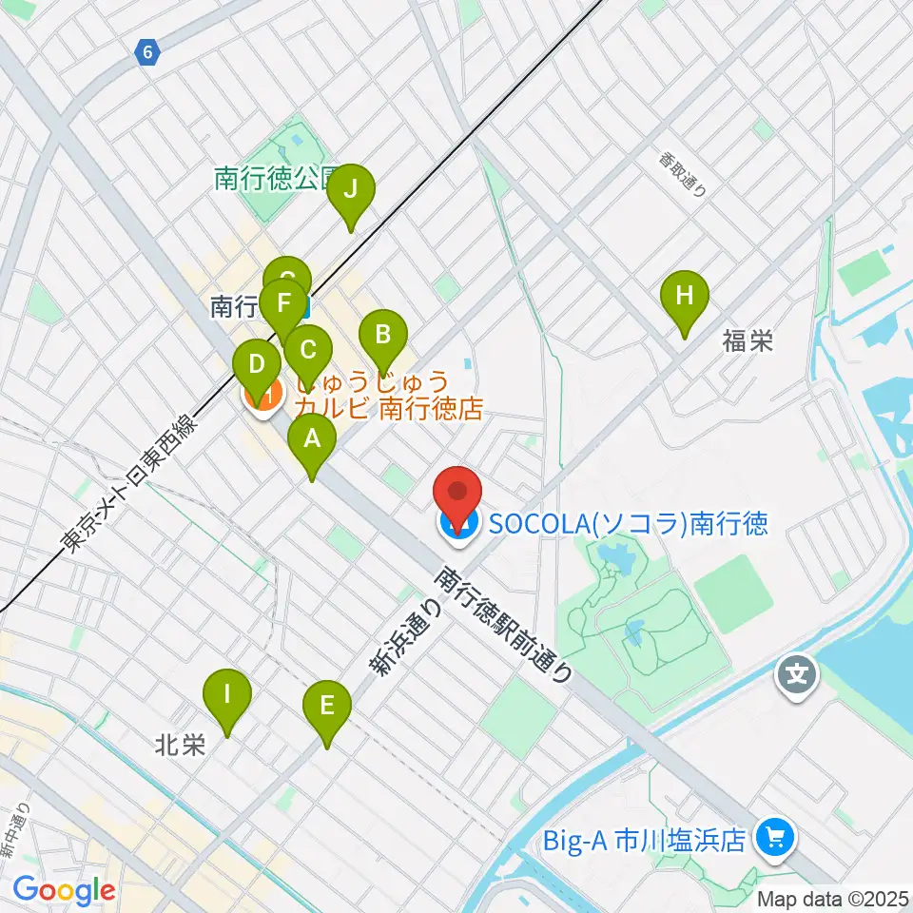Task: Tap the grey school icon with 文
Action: tap(796, 676)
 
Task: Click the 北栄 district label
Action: tap(180, 746)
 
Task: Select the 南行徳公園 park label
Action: tap(276, 179)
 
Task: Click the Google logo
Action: tap(64, 891)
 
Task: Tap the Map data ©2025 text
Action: tap(832, 898)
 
